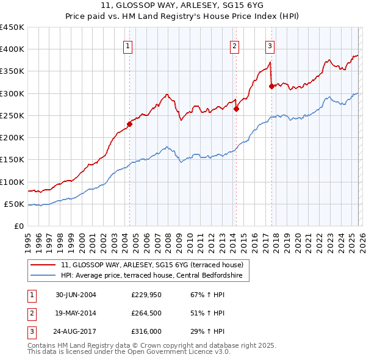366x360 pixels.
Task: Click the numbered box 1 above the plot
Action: click(x=128, y=45)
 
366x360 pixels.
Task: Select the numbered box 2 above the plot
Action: click(x=235, y=45)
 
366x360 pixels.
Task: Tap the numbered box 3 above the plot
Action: click(x=270, y=45)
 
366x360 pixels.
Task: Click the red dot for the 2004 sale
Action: click(x=129, y=124)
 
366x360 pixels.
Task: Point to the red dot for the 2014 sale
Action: click(x=236, y=109)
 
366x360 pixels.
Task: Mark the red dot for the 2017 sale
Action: click(x=271, y=86)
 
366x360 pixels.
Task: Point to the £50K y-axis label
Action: click(x=15, y=204)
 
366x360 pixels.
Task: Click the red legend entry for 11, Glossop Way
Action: click(x=152, y=265)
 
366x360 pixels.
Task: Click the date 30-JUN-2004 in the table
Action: click(x=76, y=295)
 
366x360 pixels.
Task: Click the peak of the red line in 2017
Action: click(x=270, y=62)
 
